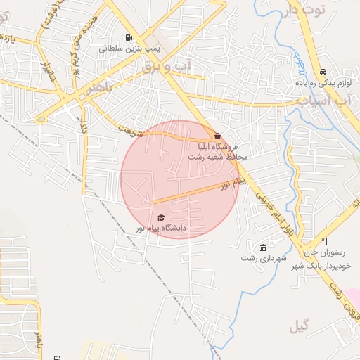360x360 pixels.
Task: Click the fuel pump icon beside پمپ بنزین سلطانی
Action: click(127, 38)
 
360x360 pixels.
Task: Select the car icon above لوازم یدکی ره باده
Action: click(323, 72)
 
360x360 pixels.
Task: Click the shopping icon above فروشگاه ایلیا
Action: click(218, 136)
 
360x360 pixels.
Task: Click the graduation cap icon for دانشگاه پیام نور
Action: click(161, 218)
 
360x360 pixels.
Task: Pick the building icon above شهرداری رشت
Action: click(263, 247)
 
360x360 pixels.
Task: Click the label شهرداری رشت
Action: click(264, 258)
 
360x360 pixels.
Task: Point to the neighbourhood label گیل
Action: click(298, 326)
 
